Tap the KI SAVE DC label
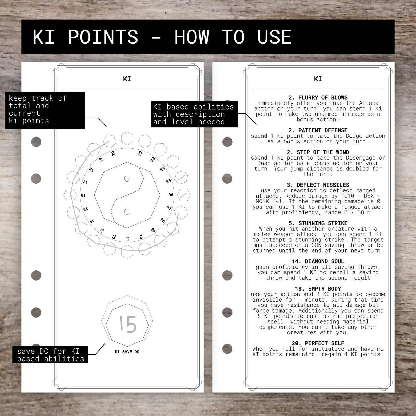point(127,352)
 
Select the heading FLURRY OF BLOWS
point(318,97)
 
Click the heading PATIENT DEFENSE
point(318,130)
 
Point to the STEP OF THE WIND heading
point(318,152)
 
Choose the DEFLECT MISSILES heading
point(318,185)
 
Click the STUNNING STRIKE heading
point(318,223)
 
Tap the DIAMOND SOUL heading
point(318,261)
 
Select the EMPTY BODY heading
point(318,289)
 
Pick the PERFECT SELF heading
point(318,343)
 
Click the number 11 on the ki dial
point(127,239)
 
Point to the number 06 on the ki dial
point(171,195)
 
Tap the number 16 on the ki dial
point(83,195)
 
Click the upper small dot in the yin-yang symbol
point(127,179)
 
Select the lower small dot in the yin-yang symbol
point(127,211)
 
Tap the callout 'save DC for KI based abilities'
point(50,355)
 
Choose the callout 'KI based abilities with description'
point(194,114)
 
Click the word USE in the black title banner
point(274,37)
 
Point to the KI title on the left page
point(127,79)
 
